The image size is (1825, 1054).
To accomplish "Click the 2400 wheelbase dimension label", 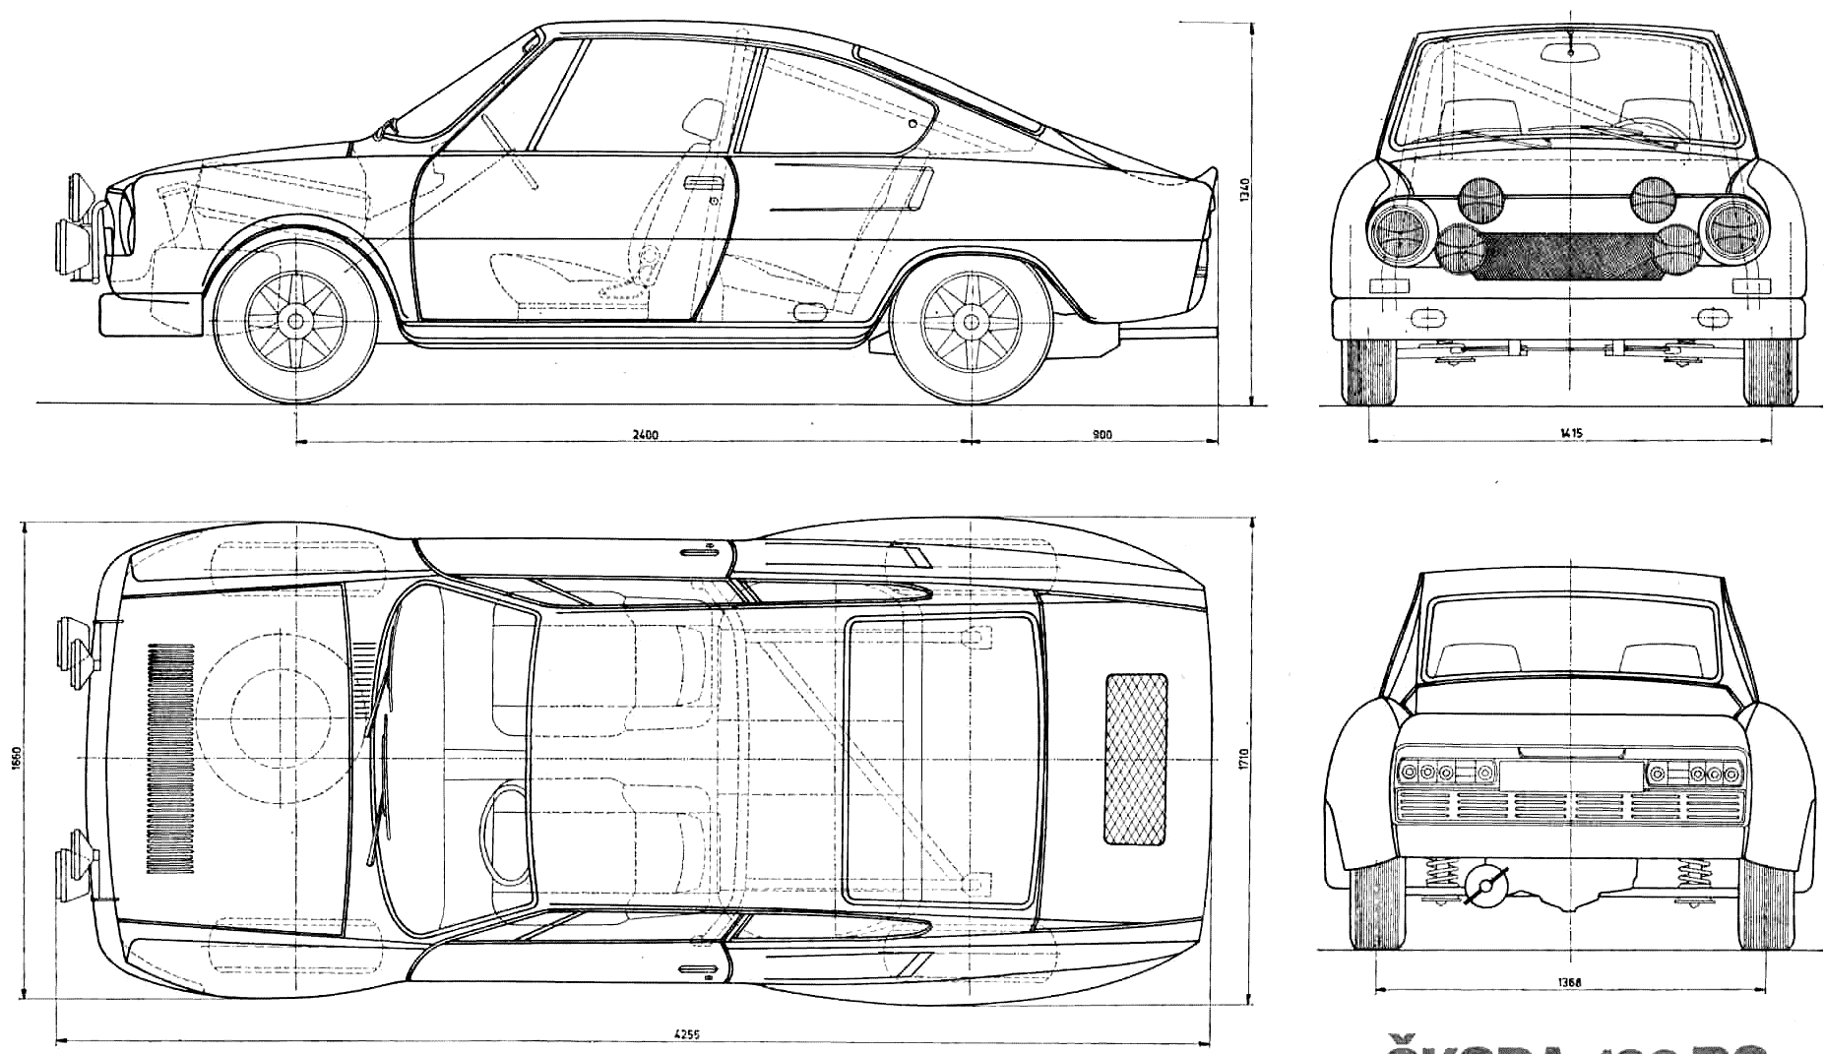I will (646, 433).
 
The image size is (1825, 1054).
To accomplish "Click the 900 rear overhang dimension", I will (1101, 433).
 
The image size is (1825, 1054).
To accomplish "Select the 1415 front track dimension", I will (1571, 432).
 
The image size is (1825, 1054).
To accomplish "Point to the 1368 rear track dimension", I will (1570, 981).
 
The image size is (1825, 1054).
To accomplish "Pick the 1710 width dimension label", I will (1244, 759).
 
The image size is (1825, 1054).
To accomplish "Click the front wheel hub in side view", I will (294, 321).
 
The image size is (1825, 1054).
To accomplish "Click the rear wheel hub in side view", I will (971, 321).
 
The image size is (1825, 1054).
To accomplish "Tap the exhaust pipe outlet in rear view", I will (1485, 885).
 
